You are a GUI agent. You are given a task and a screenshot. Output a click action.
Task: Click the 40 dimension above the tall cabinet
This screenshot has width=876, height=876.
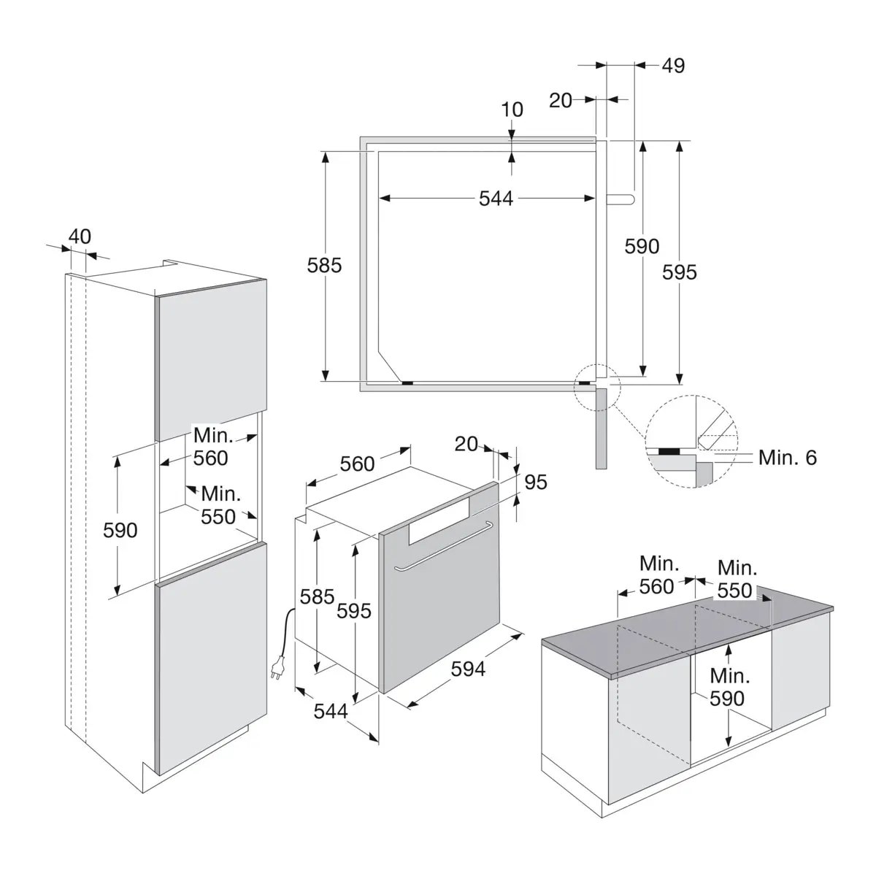(x=80, y=237)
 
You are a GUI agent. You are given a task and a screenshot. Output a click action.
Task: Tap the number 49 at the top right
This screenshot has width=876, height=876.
(x=673, y=66)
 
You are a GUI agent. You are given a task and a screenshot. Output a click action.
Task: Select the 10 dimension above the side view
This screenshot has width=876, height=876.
(x=512, y=109)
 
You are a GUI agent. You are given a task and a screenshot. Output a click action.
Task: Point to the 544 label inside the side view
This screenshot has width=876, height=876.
(x=496, y=199)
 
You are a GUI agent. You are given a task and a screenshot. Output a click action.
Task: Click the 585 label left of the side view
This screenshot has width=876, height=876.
(x=324, y=265)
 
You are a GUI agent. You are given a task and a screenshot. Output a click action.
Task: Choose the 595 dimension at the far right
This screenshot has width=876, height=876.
(x=680, y=272)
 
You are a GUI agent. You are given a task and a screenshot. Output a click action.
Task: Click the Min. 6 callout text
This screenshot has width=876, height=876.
(x=787, y=458)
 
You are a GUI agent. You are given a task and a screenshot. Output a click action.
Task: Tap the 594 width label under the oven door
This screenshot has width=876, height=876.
(x=468, y=669)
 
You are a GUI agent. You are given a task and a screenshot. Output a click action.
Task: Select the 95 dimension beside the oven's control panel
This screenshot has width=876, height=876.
(x=536, y=482)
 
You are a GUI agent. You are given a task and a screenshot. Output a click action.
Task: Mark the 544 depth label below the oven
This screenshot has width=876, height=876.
(x=331, y=710)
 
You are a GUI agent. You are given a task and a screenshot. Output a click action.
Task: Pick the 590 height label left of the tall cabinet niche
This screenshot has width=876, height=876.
(x=120, y=529)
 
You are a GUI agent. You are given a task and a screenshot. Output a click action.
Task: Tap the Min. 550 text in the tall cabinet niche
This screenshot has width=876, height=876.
(x=219, y=505)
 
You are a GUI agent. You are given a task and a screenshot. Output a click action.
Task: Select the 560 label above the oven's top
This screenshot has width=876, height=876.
(x=358, y=464)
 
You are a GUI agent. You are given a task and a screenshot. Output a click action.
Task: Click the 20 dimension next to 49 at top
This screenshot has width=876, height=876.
(x=561, y=100)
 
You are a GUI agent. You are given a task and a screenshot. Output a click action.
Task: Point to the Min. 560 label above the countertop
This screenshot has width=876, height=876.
(x=657, y=575)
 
